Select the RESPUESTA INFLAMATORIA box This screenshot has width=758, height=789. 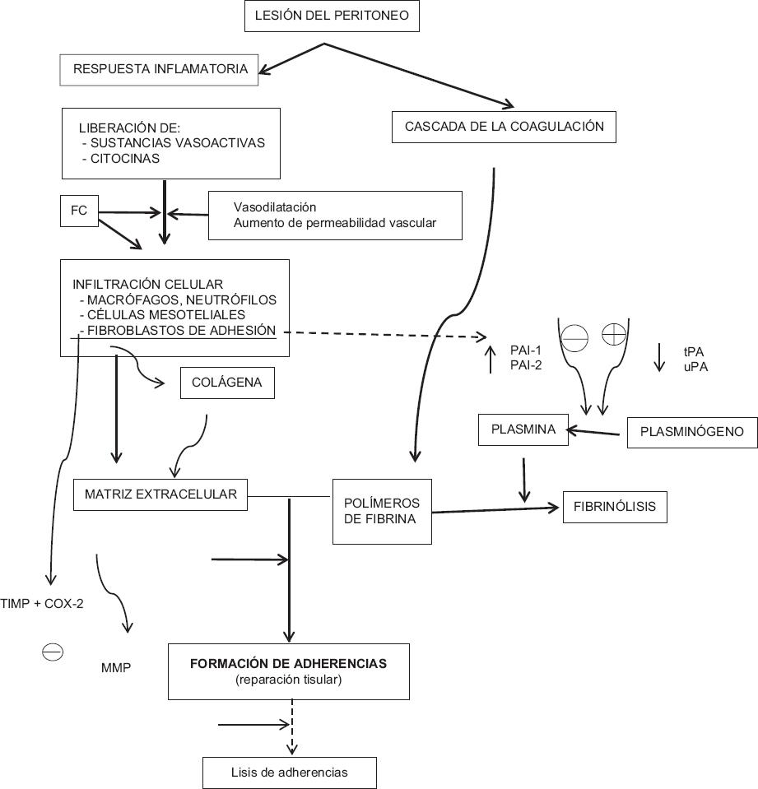pos(160,69)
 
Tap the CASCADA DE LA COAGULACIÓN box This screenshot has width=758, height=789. pos(505,128)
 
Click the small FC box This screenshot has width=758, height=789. pos(79,211)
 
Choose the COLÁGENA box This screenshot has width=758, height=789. pos(226,383)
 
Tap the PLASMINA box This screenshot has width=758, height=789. pos(523,429)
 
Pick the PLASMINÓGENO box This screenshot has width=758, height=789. pos(692,432)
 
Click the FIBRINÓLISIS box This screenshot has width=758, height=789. pos(615,507)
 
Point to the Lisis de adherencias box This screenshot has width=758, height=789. pos(289,773)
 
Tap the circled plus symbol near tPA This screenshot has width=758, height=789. pos(614,335)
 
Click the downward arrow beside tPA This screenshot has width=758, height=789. pos(659,356)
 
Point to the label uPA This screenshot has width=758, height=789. pos(695,366)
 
